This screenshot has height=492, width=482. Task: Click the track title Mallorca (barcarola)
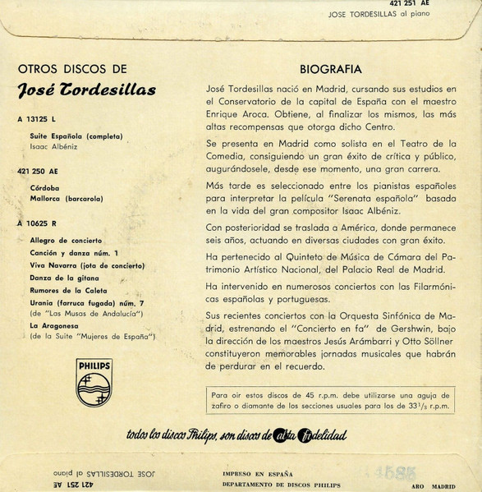click(x=67, y=199)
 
